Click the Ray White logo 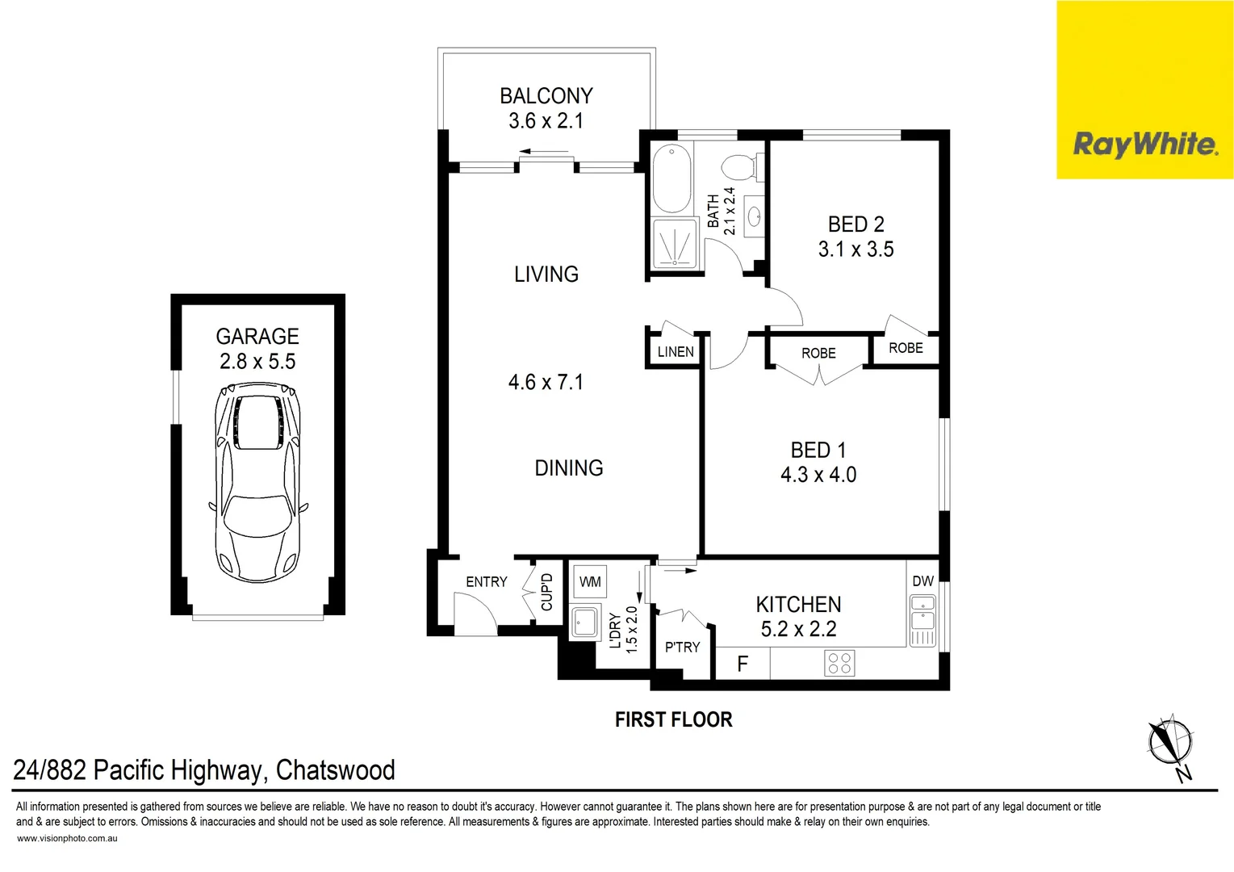[1144, 145]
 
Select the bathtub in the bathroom [671, 178]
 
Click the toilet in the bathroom [738, 167]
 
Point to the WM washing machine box [590, 581]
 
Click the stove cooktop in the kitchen [839, 664]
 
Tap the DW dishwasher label [922, 581]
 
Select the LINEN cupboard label [676, 352]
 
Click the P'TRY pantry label [682, 648]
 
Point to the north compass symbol [1169, 742]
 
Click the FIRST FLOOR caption [673, 719]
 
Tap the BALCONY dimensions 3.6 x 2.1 [546, 121]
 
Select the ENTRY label [486, 582]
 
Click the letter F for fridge [742, 664]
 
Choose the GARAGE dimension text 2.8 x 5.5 [257, 362]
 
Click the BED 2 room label [855, 224]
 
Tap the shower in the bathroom [674, 242]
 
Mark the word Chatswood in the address [335, 770]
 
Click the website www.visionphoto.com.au [67, 838]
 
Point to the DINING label [568, 468]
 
